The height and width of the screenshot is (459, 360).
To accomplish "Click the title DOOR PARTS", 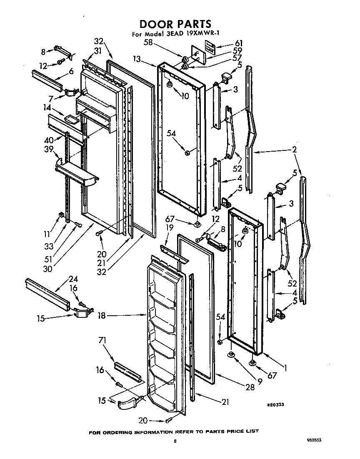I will click(175, 24).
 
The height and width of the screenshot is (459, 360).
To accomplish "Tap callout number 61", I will click(239, 43).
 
